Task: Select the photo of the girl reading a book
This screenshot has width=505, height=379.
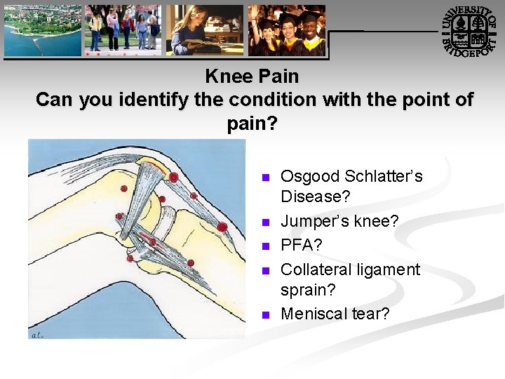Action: point(205,30)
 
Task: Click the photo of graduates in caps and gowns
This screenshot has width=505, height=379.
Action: point(287,30)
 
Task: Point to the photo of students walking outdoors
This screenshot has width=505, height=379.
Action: point(123,30)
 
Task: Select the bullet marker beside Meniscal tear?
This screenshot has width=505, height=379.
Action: point(264,315)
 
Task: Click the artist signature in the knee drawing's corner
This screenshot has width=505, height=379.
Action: point(37,335)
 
